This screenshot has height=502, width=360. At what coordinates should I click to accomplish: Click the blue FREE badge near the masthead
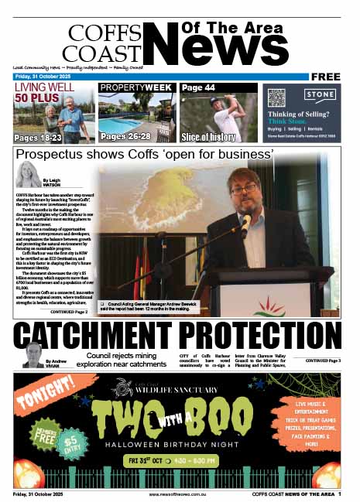[328, 77]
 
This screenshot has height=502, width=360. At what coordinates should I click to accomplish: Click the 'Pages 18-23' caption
[39, 137]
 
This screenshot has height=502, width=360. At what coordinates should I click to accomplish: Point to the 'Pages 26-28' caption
[125, 137]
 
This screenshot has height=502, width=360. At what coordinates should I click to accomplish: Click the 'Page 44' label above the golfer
[198, 88]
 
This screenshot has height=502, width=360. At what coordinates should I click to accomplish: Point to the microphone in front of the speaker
[245, 224]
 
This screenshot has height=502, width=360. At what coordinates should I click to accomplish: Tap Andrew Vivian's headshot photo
[34, 355]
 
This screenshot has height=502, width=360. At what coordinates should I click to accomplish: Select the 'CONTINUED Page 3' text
[322, 361]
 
